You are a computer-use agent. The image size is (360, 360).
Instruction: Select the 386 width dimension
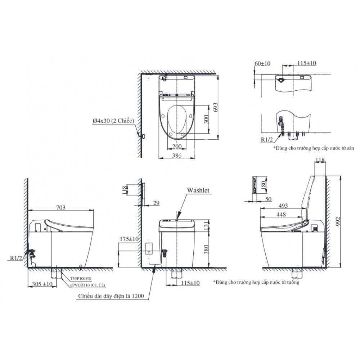(x=176, y=156)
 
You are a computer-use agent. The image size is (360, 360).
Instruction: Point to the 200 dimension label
(x=176, y=147)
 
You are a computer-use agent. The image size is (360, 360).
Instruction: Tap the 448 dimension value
(x=282, y=214)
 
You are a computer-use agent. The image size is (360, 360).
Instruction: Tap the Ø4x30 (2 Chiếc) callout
(x=113, y=121)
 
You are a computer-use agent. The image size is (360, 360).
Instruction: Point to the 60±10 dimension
(x=262, y=63)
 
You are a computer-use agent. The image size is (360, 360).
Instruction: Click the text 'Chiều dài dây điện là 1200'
(x=110, y=296)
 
